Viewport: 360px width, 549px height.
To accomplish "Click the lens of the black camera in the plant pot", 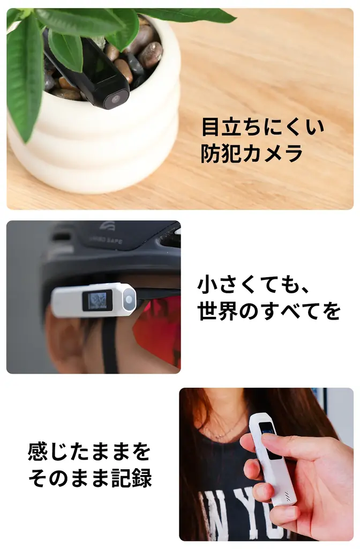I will pos(115,99).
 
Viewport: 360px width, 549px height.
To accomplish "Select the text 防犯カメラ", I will pos(252,154).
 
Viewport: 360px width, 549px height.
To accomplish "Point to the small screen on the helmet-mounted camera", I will pos(97,300).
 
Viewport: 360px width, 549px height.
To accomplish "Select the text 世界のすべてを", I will pos(269,311).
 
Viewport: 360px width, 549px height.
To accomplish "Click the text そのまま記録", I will pos(90,478).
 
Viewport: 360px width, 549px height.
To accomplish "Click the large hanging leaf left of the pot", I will pos(24,75).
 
